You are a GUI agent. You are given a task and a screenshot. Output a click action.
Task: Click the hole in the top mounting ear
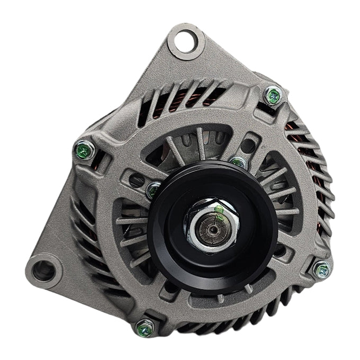click(185, 40)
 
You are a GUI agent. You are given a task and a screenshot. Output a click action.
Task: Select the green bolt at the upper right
click(273, 96)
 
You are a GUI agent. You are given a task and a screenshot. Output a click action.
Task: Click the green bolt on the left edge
click(84, 151)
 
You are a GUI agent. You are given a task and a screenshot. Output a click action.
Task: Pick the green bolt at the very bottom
click(143, 328)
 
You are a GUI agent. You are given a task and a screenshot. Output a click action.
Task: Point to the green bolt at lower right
click(321, 270)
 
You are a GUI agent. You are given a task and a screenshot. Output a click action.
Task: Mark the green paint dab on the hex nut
click(219, 210)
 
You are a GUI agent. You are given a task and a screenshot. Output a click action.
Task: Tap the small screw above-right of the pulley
click(238, 162)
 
